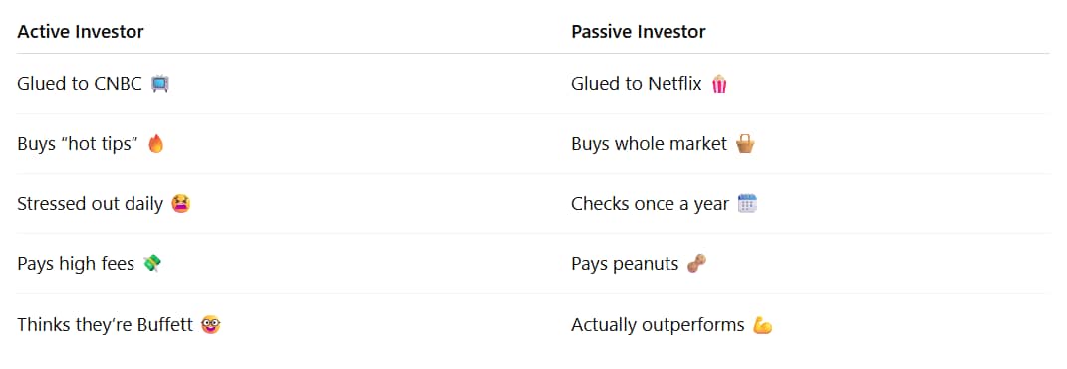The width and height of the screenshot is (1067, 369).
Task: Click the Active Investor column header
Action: coord(81,31)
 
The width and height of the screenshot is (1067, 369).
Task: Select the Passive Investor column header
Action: coord(639,31)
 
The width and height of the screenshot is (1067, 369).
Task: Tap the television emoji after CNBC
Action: coord(160,84)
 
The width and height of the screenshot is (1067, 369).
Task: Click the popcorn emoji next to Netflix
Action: coord(719,84)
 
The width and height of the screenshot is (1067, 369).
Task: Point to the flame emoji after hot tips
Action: coord(155,144)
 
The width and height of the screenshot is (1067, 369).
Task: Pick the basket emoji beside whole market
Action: coord(746,144)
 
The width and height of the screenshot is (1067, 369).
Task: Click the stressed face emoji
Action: coord(181,203)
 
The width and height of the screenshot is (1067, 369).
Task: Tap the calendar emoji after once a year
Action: coord(748,203)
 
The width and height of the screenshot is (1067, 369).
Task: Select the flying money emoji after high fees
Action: coord(152,263)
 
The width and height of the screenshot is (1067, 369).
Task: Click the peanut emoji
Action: coord(696,263)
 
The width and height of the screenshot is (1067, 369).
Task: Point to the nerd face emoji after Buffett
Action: coord(211,325)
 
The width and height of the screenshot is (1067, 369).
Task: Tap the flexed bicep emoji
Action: coord(763,325)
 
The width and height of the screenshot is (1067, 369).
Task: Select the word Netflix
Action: coord(674,84)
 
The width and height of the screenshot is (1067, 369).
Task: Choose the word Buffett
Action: coord(166,325)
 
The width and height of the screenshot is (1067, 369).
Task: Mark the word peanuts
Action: coord(647,265)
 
